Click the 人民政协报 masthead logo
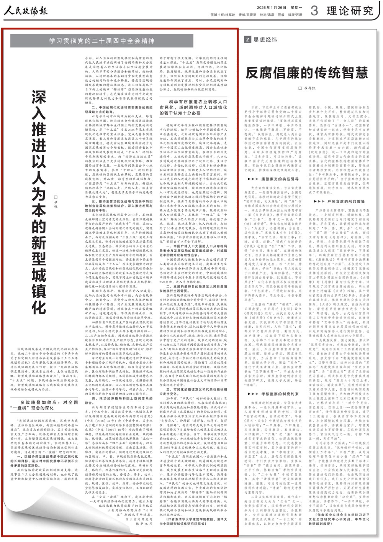click(26, 10)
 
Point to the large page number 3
click(314, 11)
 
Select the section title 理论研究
click(350, 11)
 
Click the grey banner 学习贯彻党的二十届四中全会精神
click(101, 41)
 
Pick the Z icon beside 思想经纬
click(248, 39)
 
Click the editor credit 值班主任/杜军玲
click(223, 15)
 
